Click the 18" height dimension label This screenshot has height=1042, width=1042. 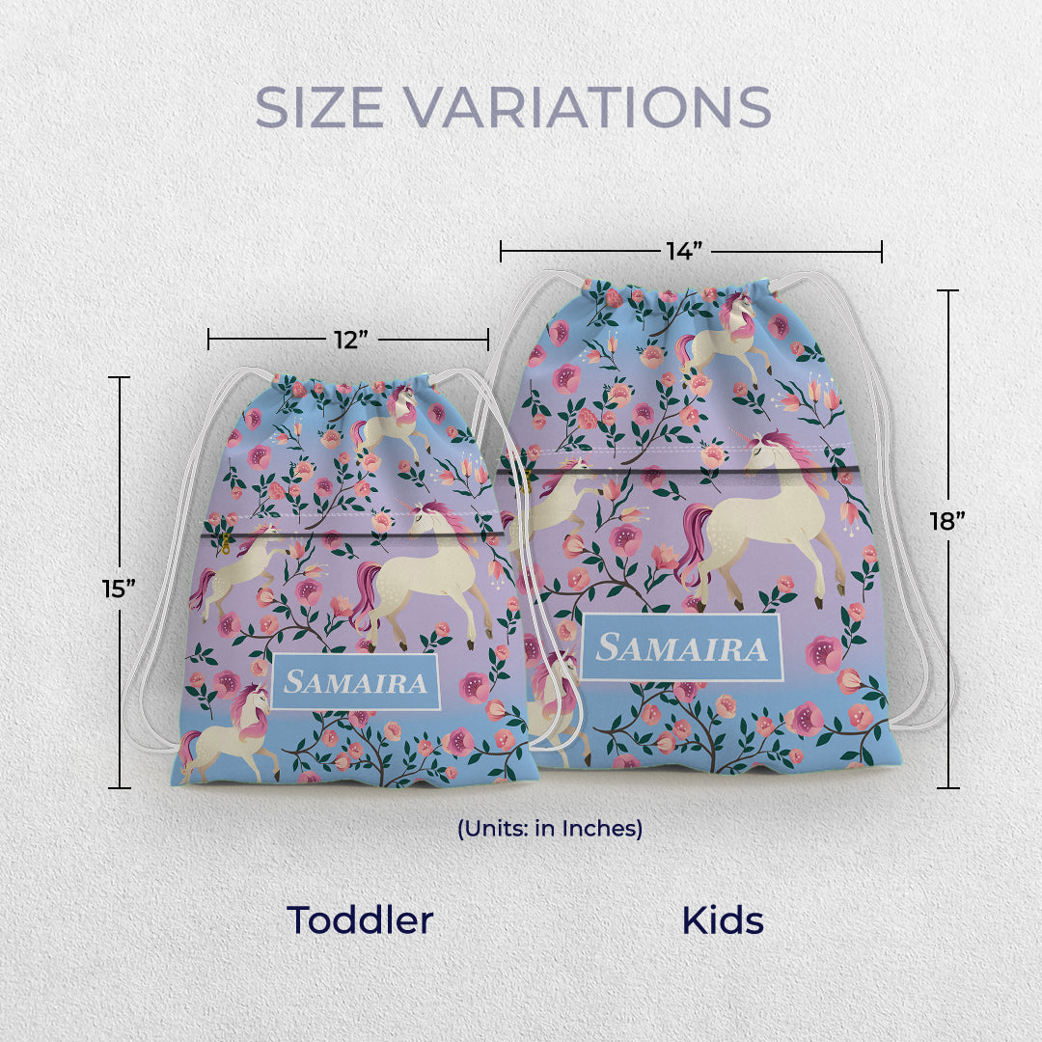(947, 522)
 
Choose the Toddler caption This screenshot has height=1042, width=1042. (359, 920)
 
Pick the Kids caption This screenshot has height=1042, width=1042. (723, 920)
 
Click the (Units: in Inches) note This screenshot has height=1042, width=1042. (550, 828)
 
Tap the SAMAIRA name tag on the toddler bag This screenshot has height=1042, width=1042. (357, 682)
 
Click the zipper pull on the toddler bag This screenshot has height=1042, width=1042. (226, 543)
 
